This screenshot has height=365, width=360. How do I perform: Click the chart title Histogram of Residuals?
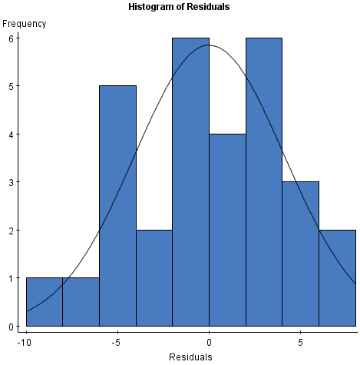180,7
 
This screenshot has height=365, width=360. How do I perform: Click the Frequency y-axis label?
25,23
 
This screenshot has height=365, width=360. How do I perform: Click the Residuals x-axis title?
190,357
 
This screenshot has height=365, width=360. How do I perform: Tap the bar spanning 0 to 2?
227,230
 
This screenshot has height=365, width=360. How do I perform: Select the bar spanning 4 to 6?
300,254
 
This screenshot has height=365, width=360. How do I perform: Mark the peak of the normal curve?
209,45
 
